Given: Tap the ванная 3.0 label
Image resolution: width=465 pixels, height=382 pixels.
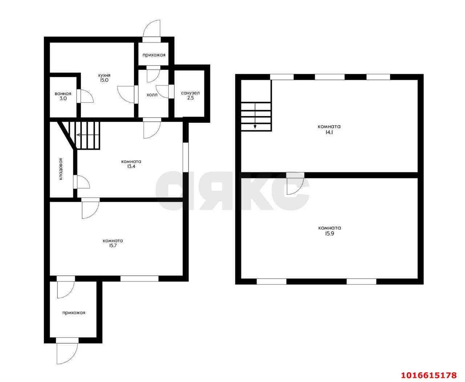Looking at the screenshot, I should click(x=63, y=96).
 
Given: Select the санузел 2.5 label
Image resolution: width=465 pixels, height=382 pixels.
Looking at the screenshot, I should click(x=190, y=95).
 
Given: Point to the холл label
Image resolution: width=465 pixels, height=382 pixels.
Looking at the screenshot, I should click(x=152, y=95).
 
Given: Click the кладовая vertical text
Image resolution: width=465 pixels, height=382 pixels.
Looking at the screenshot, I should click(x=61, y=169).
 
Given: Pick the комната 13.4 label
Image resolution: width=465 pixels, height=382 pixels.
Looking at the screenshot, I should click(x=131, y=164).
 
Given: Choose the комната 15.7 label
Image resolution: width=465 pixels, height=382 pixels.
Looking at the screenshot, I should click(x=113, y=243).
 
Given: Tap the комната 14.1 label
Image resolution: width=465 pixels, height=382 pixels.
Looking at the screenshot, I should click(x=329, y=129).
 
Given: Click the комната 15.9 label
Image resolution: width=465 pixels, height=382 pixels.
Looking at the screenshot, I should click(x=329, y=230).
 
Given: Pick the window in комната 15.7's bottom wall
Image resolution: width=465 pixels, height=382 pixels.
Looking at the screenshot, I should click(x=139, y=278).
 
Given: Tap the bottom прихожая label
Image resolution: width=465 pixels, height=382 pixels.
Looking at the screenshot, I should click(x=74, y=313).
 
